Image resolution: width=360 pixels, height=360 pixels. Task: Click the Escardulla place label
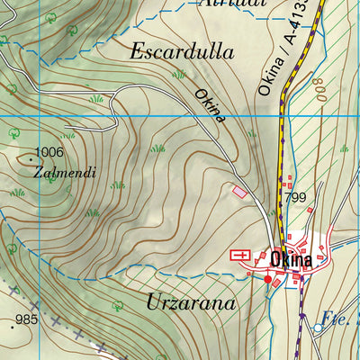tap(182, 51)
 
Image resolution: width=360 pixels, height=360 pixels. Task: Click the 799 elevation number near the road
tap(295, 198)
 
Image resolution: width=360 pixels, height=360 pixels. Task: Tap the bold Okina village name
tap(290, 259)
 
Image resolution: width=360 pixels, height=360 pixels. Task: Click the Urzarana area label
tap(190, 302)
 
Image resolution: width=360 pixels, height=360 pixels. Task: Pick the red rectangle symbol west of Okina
tap(240, 256)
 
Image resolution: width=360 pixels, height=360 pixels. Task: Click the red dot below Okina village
tap(267, 280)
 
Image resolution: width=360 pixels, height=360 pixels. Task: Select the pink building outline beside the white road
tap(239, 191)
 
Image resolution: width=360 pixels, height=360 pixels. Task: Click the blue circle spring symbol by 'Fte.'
tap(317, 329)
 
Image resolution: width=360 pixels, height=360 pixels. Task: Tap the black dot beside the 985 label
tap(12, 327)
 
